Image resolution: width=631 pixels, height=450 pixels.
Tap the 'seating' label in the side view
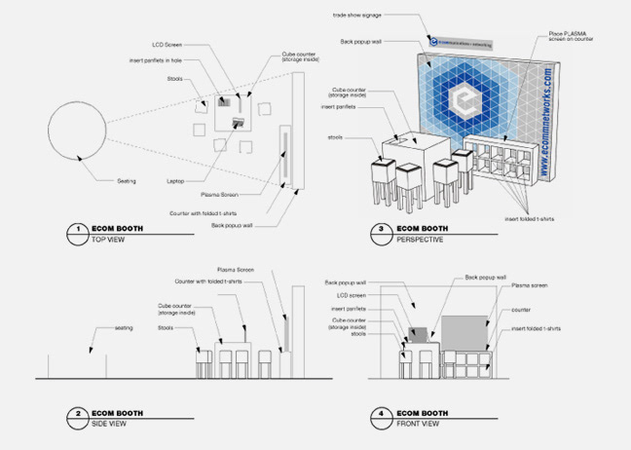(x=124, y=328)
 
